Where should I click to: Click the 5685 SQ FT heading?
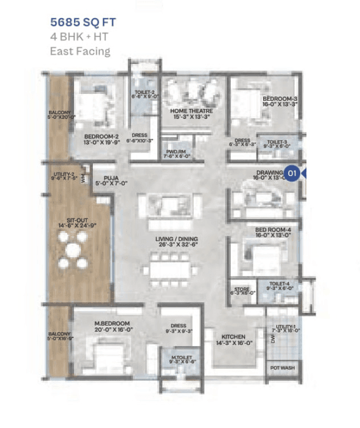84,23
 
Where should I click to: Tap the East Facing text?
80,51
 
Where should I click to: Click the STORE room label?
242,290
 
